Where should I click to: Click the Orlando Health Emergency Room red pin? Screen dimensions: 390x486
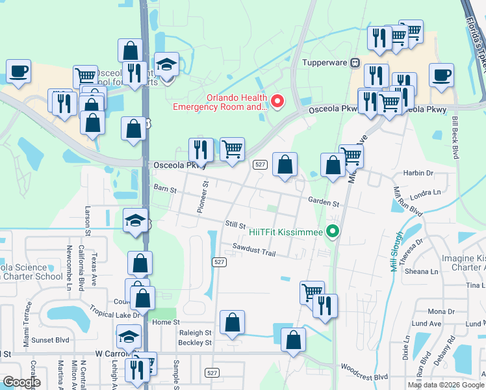point(277,101)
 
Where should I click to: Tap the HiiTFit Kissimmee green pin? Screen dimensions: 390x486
point(333,231)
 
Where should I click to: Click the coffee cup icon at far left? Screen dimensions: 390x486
point(18,71)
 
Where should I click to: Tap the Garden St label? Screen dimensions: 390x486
point(324,203)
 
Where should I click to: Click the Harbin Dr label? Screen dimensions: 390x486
point(418,173)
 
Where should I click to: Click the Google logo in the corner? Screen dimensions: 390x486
point(21,382)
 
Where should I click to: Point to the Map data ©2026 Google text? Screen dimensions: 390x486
point(446,385)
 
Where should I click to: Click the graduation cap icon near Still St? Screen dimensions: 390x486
point(135,220)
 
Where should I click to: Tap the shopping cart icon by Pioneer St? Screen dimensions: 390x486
point(232,149)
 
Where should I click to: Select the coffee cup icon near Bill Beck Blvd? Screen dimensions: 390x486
point(441,75)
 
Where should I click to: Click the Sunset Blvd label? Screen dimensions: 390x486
point(52,339)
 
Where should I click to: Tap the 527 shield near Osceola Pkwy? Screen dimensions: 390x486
point(259,165)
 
